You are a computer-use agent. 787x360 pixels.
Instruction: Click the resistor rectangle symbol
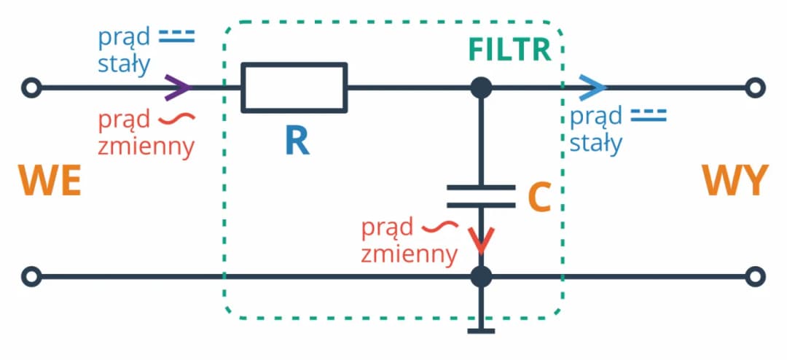[x=294, y=87]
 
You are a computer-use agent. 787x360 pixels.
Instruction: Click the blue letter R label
[x=297, y=141]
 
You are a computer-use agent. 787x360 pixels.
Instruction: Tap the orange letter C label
[x=538, y=196]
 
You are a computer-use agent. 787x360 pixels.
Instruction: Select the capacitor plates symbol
[x=480, y=195]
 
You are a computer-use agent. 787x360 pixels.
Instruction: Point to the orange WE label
[x=49, y=181]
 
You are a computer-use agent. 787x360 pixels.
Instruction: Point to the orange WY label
[x=735, y=181]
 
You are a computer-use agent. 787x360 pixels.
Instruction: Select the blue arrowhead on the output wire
[x=595, y=87]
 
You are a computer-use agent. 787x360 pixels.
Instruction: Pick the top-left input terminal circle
[x=31, y=87]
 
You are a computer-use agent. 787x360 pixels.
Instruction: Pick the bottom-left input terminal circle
[x=31, y=277]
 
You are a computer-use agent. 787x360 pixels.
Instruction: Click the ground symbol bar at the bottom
[x=480, y=332]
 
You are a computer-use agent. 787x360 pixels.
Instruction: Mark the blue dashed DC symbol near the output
[x=648, y=115]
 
